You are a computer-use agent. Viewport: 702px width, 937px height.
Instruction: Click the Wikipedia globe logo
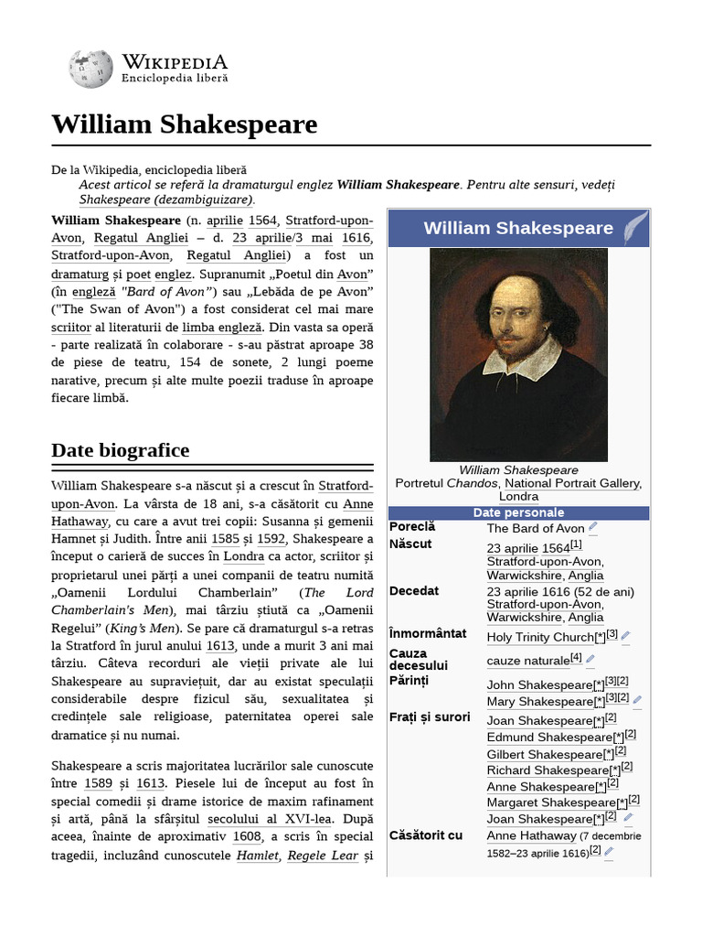(90, 68)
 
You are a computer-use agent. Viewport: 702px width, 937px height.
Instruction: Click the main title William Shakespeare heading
(185, 124)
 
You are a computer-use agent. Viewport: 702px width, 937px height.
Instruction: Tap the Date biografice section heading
(121, 450)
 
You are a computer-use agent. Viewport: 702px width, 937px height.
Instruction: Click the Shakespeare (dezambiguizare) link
(166, 199)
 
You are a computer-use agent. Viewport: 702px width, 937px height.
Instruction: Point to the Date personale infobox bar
(518, 512)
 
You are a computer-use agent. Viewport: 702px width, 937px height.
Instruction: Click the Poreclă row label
(412, 527)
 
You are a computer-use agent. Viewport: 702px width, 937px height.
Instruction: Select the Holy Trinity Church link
(540, 637)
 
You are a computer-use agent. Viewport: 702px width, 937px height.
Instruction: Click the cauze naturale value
(527, 660)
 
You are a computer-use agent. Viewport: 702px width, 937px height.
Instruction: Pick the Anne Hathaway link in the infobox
(531, 835)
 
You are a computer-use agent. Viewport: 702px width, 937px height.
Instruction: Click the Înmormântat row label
(428, 633)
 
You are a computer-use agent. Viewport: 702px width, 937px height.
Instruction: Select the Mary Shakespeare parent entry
(539, 702)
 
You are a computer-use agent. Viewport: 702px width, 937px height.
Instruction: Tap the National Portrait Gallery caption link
(573, 483)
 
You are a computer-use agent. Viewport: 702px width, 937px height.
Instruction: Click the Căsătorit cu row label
(426, 835)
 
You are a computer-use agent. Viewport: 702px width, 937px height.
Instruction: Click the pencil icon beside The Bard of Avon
(593, 527)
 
